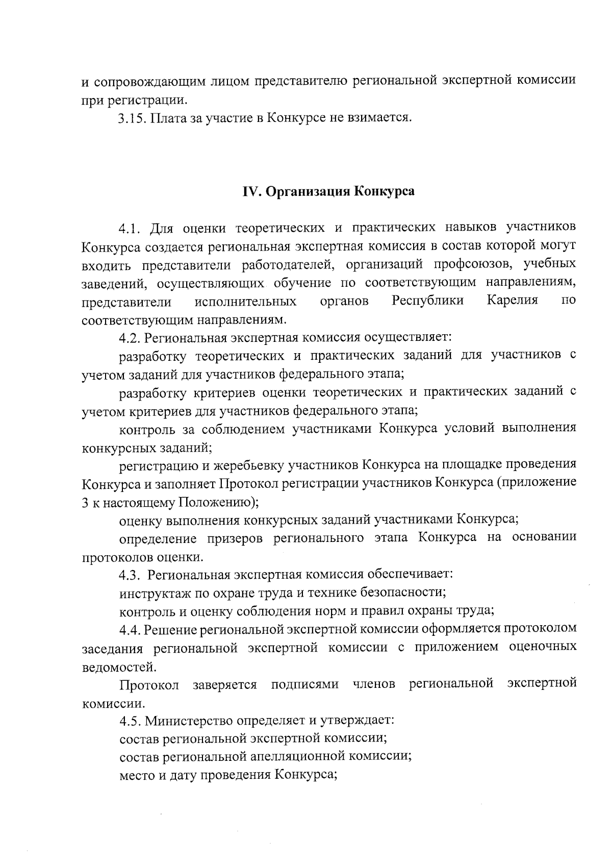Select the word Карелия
tap(513, 300)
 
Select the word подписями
tap(304, 684)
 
